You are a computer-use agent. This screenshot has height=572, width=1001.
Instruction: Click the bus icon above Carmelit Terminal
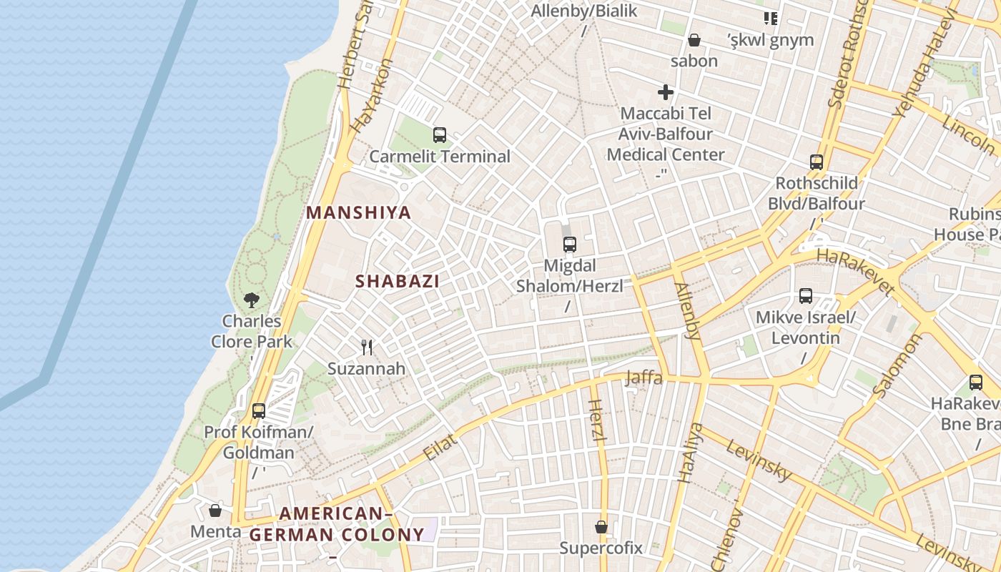pyautogui.click(x=440, y=134)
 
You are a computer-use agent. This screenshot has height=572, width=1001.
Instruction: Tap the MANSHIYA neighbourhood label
pyautogui.click(x=359, y=212)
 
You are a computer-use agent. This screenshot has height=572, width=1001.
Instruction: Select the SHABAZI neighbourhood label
pyautogui.click(x=398, y=281)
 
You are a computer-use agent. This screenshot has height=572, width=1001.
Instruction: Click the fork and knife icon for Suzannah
pyautogui.click(x=367, y=347)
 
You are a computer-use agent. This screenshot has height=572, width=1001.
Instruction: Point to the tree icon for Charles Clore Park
pyautogui.click(x=251, y=300)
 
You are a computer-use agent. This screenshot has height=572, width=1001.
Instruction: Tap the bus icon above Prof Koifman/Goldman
pyautogui.click(x=259, y=411)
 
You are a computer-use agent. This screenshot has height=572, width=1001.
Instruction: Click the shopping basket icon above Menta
pyautogui.click(x=215, y=511)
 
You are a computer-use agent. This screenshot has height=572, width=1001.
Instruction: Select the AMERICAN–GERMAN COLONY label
pyautogui.click(x=337, y=524)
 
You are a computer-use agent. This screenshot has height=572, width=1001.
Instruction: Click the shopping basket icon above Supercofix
pyautogui.click(x=601, y=527)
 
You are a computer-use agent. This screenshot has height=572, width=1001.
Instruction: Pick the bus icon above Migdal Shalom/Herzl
pyautogui.click(x=570, y=245)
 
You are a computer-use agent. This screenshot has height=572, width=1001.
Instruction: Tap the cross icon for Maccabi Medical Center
pyautogui.click(x=666, y=92)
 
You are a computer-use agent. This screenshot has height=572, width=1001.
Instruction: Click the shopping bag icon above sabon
pyautogui.click(x=694, y=40)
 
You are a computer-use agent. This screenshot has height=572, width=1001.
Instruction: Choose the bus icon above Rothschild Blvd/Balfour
pyautogui.click(x=817, y=162)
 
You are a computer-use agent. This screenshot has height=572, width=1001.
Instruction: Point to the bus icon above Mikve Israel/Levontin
pyautogui.click(x=806, y=296)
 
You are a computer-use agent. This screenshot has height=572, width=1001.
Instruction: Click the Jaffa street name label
pyautogui.click(x=643, y=378)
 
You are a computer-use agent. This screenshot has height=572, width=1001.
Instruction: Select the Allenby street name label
pyautogui.click(x=686, y=310)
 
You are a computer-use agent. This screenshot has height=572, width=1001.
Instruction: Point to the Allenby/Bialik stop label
pyautogui.click(x=584, y=11)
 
